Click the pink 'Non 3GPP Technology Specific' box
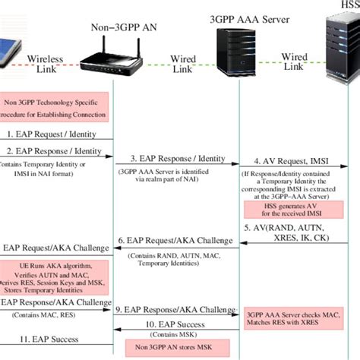55,107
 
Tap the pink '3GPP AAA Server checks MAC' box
292,317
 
